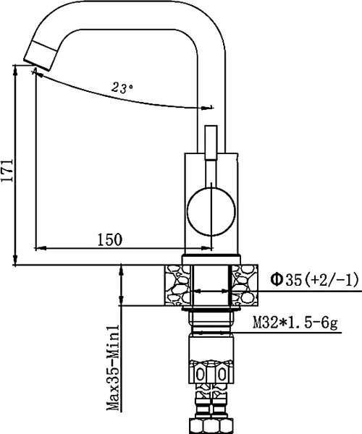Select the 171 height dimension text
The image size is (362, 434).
tap(7, 171)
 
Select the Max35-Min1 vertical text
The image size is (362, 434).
tap(112, 369)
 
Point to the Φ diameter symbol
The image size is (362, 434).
tap(276, 278)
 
